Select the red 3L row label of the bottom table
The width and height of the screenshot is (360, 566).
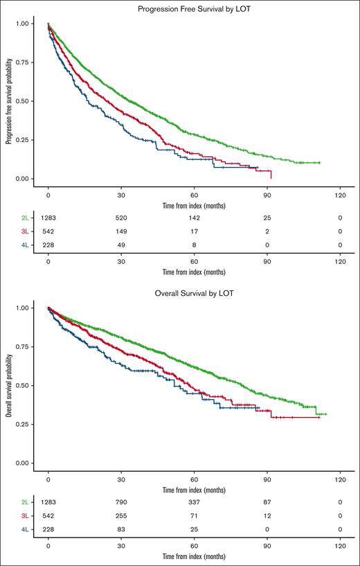(x=24, y=515)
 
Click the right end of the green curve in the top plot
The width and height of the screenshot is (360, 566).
(x=319, y=163)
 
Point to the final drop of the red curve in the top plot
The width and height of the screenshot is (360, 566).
(x=271, y=174)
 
